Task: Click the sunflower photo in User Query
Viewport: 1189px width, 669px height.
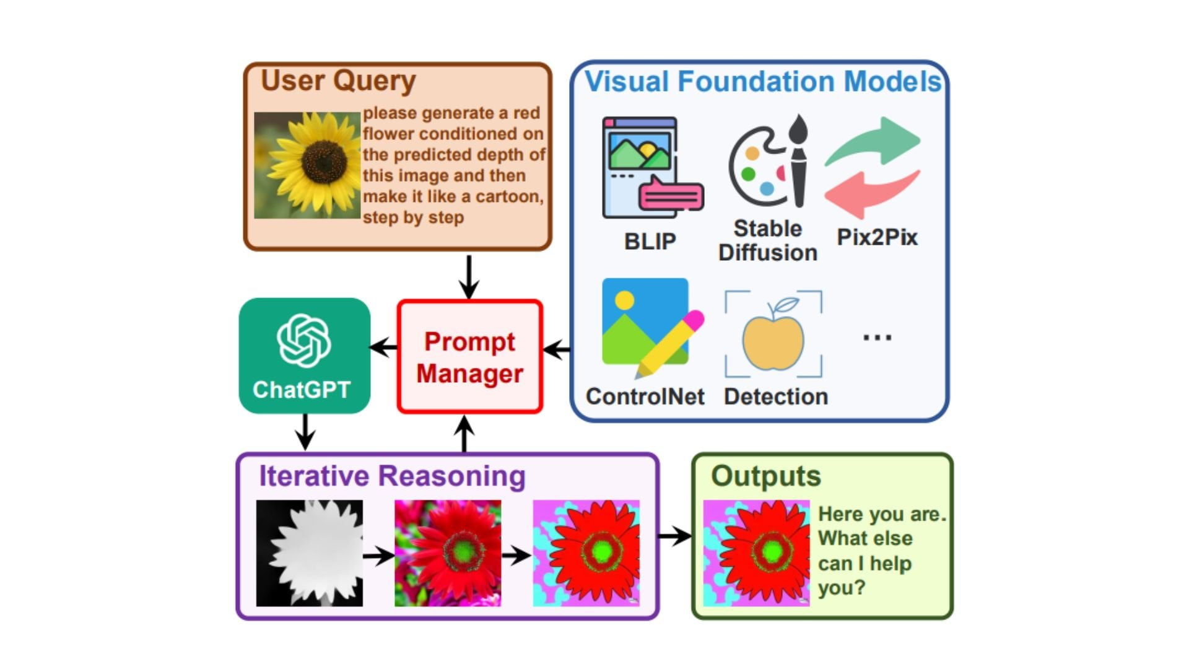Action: tap(307, 165)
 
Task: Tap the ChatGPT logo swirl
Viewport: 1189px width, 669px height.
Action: tap(303, 340)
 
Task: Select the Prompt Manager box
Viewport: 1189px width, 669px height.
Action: tap(469, 357)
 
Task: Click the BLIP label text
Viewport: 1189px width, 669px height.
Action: tap(650, 241)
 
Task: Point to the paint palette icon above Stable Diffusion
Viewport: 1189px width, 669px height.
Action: tap(768, 162)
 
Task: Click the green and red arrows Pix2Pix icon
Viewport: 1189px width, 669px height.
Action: tap(873, 167)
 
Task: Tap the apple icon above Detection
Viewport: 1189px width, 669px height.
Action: tap(773, 336)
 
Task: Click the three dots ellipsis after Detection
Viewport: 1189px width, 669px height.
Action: tap(877, 338)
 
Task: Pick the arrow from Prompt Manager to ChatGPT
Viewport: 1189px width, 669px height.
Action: tap(384, 348)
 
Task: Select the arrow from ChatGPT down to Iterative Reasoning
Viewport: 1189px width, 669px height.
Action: tap(305, 432)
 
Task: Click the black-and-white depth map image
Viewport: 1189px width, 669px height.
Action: tap(310, 553)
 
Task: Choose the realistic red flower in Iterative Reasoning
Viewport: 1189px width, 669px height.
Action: tap(448, 553)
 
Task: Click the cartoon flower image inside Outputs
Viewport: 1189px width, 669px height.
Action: tap(756, 553)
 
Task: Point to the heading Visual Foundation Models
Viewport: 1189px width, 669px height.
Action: tap(762, 82)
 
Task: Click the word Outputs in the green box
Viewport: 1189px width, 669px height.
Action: tap(765, 476)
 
